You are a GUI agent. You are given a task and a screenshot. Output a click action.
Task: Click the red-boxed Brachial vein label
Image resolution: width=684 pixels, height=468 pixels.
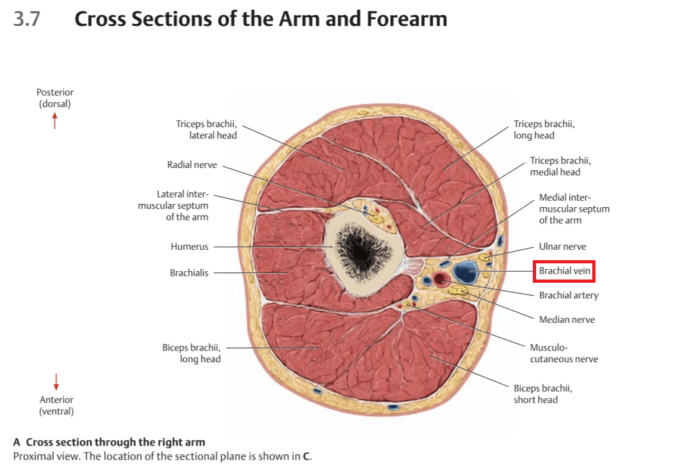[565, 271]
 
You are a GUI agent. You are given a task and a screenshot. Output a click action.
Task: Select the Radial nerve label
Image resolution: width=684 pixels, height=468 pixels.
[192, 165]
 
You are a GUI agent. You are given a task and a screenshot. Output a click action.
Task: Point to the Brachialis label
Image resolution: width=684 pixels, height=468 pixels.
[189, 273]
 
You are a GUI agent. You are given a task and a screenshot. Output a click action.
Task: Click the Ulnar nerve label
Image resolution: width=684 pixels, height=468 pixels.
[563, 247]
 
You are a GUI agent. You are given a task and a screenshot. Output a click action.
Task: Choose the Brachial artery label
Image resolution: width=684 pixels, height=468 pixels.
[568, 295]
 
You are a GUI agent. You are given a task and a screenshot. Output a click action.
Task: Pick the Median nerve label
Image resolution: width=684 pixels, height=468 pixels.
[566, 320]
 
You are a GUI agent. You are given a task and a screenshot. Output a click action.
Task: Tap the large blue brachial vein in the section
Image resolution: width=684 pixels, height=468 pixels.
[465, 272]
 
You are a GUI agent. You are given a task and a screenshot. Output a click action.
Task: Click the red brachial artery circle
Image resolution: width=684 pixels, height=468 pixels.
[442, 280]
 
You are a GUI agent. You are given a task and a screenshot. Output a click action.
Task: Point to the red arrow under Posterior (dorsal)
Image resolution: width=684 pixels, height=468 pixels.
[55, 121]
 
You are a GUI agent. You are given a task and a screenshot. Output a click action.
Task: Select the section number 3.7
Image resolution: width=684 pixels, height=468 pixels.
[27, 19]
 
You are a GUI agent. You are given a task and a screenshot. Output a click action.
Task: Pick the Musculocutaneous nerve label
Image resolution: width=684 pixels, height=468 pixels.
[563, 352]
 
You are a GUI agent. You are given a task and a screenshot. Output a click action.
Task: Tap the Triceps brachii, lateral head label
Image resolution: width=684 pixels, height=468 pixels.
[206, 129]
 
